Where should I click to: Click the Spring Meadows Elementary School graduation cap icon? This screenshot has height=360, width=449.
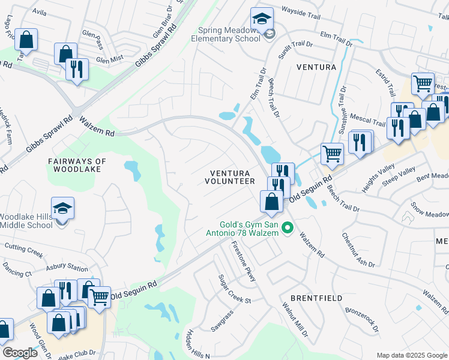[x=262, y=19]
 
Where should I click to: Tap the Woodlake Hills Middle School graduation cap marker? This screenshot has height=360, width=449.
[x=62, y=209]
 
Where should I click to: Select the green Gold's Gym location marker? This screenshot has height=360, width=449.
[x=287, y=227]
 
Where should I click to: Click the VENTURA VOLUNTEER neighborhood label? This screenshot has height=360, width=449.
[x=230, y=176]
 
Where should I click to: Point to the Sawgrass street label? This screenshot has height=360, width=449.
[x=221, y=321]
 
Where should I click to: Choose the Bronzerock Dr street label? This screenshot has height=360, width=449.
[x=361, y=320]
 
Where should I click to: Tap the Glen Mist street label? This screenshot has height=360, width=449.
[x=110, y=59]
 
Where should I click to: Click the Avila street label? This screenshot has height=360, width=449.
[x=39, y=11]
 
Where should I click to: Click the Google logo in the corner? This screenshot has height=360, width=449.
[x=20, y=353]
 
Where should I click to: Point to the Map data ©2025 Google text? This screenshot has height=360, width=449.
[x=411, y=355]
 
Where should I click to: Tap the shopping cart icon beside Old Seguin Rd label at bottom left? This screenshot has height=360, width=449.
[x=99, y=296]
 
